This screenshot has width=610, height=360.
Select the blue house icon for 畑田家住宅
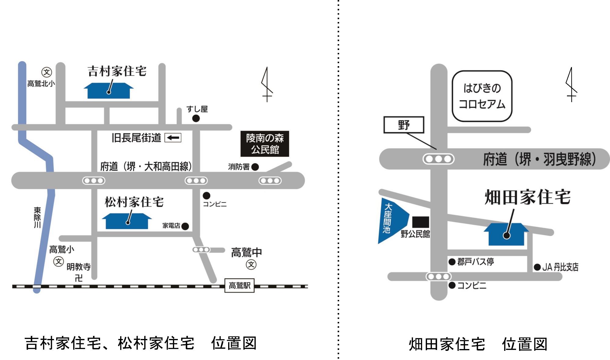[506, 235]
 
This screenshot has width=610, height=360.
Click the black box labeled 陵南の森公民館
[265, 144]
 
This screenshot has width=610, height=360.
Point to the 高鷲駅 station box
[239, 286]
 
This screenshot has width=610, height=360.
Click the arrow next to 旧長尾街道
[173, 138]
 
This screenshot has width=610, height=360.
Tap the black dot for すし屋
[196, 119]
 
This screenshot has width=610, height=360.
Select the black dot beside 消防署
[255, 167]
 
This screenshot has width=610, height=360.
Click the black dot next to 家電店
[185, 226]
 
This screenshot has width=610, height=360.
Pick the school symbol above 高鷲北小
[47, 72]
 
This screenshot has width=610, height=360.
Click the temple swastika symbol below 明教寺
[79, 278]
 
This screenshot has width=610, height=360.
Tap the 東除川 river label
[37, 217]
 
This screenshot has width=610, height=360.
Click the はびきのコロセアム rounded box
[482, 96]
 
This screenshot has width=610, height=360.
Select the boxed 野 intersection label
[404, 125]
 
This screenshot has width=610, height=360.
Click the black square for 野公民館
[421, 222]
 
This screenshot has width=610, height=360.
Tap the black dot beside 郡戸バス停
[452, 262]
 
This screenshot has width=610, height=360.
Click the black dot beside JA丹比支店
[537, 267]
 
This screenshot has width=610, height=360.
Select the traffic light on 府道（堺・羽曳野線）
[438, 159]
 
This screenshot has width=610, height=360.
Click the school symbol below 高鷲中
[251, 265]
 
